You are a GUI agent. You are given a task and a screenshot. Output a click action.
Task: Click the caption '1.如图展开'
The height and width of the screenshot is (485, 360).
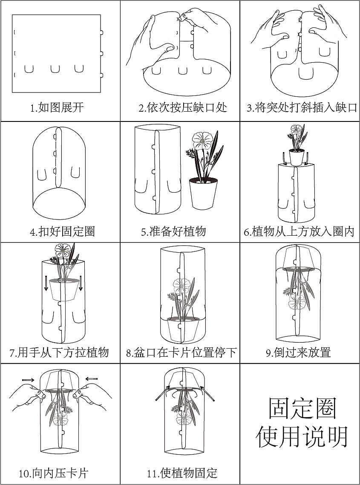57,107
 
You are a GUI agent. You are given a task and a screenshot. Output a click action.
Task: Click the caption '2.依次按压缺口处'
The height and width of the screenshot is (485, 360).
182,107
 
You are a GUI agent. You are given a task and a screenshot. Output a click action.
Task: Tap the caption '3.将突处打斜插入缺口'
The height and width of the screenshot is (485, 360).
302,107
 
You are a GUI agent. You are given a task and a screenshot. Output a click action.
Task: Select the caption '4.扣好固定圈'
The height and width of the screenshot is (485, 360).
62,231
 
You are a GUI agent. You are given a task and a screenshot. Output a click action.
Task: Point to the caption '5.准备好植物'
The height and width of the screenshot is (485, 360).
173,231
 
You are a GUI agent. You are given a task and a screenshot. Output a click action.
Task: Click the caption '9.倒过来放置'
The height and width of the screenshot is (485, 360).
298,352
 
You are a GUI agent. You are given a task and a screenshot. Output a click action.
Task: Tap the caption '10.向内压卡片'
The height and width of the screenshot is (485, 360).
54,473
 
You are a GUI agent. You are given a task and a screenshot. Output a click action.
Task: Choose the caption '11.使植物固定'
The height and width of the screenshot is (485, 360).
182,473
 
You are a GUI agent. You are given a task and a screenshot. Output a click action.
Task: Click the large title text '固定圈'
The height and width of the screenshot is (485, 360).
302,408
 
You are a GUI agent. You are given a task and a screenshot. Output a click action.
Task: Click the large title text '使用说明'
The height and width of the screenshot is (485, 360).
302,436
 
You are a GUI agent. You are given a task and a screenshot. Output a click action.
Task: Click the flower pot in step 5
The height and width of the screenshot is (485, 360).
202,194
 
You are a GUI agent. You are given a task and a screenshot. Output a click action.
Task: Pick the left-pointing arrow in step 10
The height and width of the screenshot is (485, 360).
91,378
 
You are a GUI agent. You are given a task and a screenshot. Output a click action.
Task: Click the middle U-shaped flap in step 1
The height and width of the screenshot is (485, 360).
55,69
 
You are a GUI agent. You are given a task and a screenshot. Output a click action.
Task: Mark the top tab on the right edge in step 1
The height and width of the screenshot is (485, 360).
101,32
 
